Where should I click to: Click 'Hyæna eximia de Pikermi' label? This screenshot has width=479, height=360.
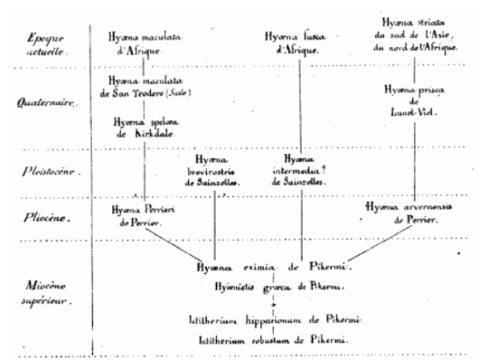(276, 269)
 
